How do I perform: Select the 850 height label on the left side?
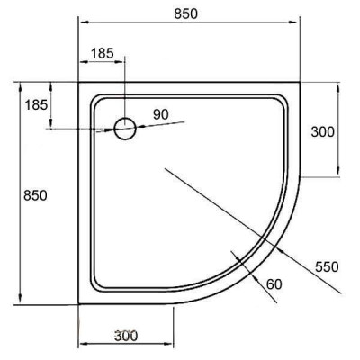click(x=35, y=195)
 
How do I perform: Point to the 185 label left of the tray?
click(x=36, y=105)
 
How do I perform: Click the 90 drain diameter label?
click(x=161, y=113)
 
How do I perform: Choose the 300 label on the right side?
click(x=321, y=131)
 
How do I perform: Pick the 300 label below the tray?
click(x=126, y=336)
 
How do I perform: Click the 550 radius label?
click(x=327, y=265)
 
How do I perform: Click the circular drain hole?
click(x=124, y=129)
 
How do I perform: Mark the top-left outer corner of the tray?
click(x=80, y=83)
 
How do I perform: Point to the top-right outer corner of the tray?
click(x=300, y=83)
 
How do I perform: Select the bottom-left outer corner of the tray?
click(x=80, y=304)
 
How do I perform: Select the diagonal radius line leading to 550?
click(x=270, y=243)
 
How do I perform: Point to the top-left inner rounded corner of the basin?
click(x=97, y=99)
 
